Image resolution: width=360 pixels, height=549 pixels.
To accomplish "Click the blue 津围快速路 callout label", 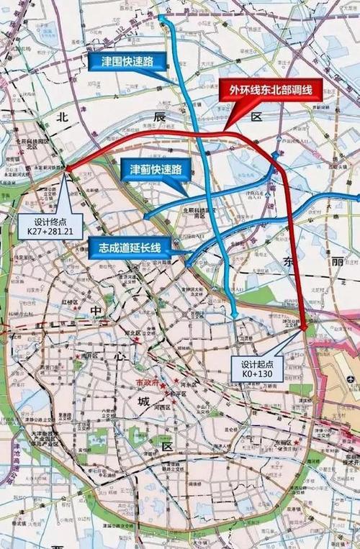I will (125, 60).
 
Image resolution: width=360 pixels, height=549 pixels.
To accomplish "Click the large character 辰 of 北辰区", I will (161, 115).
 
